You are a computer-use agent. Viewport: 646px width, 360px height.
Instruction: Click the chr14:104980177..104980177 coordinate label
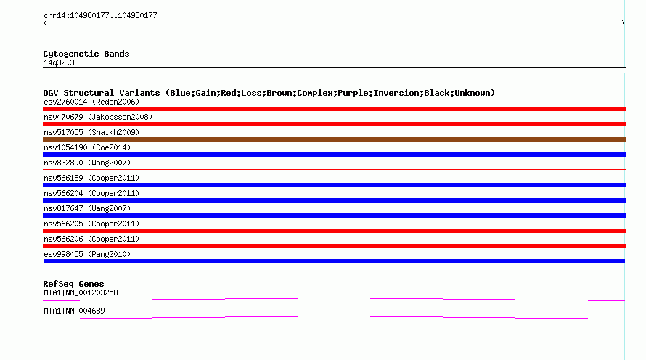coord(100,16)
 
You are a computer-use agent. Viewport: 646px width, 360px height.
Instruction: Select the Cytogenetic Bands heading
coord(86,54)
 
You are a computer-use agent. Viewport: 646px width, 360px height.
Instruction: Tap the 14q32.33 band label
coord(61,62)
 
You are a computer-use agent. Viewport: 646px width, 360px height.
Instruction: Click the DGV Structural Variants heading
coord(269,93)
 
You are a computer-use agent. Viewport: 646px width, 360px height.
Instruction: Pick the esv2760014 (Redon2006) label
coord(91,102)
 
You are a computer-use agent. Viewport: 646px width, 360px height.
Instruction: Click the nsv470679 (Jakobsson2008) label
coord(98,117)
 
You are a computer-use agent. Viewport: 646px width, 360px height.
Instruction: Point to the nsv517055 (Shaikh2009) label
coord(91,132)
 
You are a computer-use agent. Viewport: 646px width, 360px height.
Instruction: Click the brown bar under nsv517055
coord(334,139)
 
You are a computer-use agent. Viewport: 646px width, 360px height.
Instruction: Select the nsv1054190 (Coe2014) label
coord(87,147)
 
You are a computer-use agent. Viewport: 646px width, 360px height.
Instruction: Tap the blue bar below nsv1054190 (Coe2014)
coord(334,155)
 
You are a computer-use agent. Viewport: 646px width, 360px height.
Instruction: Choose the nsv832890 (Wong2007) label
coord(87,163)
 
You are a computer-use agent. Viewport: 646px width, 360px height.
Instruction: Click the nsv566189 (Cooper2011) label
coord(91,178)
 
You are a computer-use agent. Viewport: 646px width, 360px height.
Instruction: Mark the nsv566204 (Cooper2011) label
coord(91,193)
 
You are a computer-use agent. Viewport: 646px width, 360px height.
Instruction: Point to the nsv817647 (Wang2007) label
coord(87,208)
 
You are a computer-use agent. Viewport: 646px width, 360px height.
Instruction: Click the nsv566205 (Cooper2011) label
coord(91,224)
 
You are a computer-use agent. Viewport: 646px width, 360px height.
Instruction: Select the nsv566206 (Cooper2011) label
coord(91,239)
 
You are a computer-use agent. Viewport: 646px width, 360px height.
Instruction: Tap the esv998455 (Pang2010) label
coord(87,254)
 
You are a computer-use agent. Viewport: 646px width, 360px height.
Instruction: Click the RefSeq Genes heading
coord(73,284)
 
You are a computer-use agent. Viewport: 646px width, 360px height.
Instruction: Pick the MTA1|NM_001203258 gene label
coord(81,292)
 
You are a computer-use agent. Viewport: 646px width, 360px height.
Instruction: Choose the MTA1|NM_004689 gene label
coord(74,311)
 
